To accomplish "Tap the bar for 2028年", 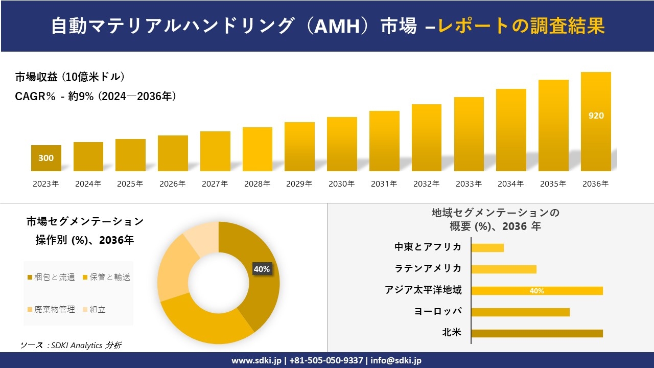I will [x=258, y=149].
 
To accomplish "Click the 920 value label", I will [x=596, y=116].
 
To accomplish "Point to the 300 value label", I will [x=46, y=158].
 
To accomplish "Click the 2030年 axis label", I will [x=341, y=183].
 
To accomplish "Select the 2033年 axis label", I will [x=469, y=183].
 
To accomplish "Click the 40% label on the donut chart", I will [x=262, y=269].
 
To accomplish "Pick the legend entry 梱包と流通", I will [x=51, y=277].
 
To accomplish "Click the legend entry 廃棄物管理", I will [x=51, y=309].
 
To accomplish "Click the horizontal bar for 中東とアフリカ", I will [x=487, y=248].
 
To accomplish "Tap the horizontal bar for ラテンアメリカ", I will [x=504, y=269].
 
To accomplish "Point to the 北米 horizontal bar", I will [x=537, y=333].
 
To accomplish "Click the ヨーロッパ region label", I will [x=438, y=311].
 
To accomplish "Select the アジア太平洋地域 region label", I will [x=423, y=290].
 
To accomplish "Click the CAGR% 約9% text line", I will [x=96, y=96].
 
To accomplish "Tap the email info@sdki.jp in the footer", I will [x=396, y=360].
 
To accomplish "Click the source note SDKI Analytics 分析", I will [x=71, y=345].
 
